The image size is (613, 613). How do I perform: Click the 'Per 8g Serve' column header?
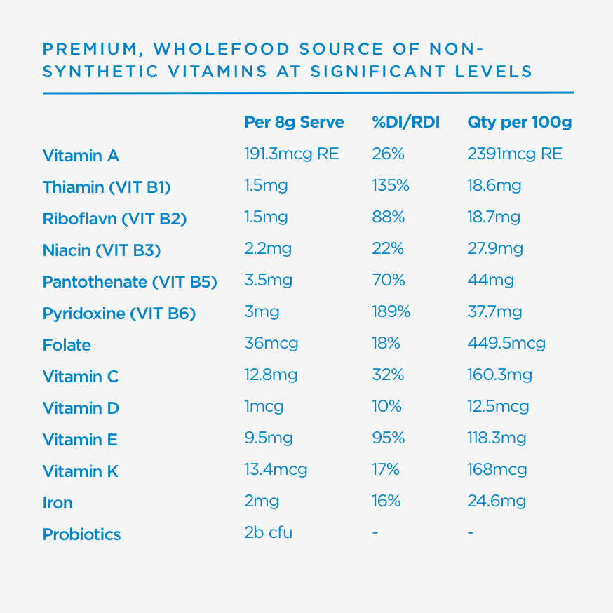pyautogui.click(x=294, y=122)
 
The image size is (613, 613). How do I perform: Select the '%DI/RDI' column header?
pyautogui.click(x=405, y=122)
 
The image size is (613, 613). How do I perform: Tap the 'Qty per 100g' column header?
pyautogui.click(x=519, y=122)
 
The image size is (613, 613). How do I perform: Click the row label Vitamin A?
pyautogui.click(x=81, y=156)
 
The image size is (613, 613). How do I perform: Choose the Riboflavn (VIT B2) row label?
pyautogui.click(x=114, y=219)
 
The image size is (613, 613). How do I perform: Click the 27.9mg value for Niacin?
pyautogui.click(x=494, y=249)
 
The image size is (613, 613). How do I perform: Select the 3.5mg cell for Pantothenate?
pyautogui.click(x=268, y=281)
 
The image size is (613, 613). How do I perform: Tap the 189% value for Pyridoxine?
pyautogui.click(x=391, y=311)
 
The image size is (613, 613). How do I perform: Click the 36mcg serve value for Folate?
pyautogui.click(x=271, y=344)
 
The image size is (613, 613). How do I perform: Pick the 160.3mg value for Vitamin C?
pyautogui.click(x=499, y=375)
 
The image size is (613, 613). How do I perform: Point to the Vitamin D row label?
pyautogui.click(x=81, y=408)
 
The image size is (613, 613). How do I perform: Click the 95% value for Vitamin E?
pyautogui.click(x=388, y=438)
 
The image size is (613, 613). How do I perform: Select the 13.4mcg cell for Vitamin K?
pyautogui.click(x=276, y=469)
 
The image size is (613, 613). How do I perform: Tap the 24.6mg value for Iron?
pyautogui.click(x=496, y=501)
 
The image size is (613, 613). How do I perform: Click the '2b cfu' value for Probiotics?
pyautogui.click(x=268, y=532)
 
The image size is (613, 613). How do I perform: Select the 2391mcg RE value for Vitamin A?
pyautogui.click(x=514, y=154)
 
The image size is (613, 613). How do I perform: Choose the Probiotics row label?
pyautogui.click(x=81, y=534)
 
